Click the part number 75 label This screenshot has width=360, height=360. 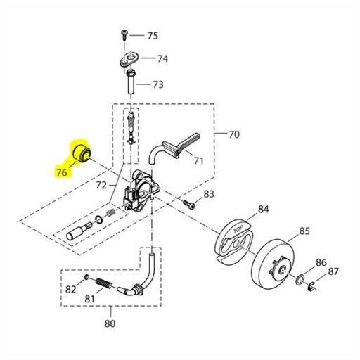(x=153, y=36)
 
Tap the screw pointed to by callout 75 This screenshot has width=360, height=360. (x=124, y=35)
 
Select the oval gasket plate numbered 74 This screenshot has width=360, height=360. (x=129, y=59)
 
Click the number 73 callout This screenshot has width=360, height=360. (x=158, y=84)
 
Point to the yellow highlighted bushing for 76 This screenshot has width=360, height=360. (x=82, y=153)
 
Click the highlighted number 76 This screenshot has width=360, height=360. (x=62, y=172)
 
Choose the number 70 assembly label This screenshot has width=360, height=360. (x=234, y=134)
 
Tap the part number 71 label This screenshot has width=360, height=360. (x=198, y=161)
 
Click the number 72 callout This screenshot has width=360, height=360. (x=101, y=186)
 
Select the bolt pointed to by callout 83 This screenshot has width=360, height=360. (x=189, y=204)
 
